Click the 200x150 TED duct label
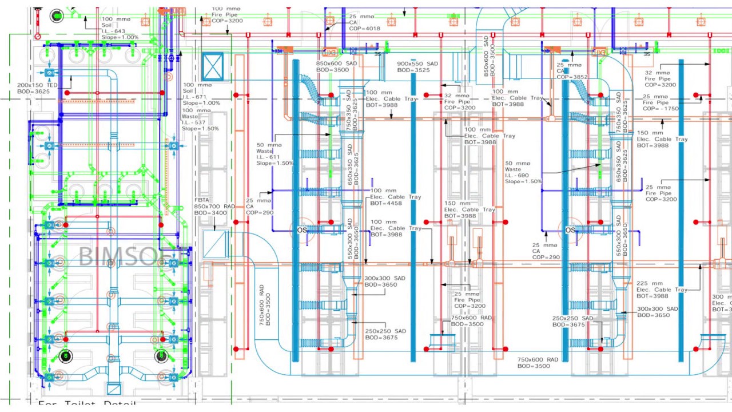point(38,88)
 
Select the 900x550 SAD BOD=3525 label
point(417,67)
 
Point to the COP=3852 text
point(572,77)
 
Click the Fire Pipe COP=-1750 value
point(661,108)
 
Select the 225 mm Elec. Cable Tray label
point(662,290)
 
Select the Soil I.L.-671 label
point(194,97)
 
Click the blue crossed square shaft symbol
point(213,66)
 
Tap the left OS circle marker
point(301,229)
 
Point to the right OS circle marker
point(570,229)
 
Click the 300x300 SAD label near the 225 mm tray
point(657,312)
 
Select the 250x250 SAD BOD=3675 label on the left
point(385,334)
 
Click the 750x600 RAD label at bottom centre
point(538,363)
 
